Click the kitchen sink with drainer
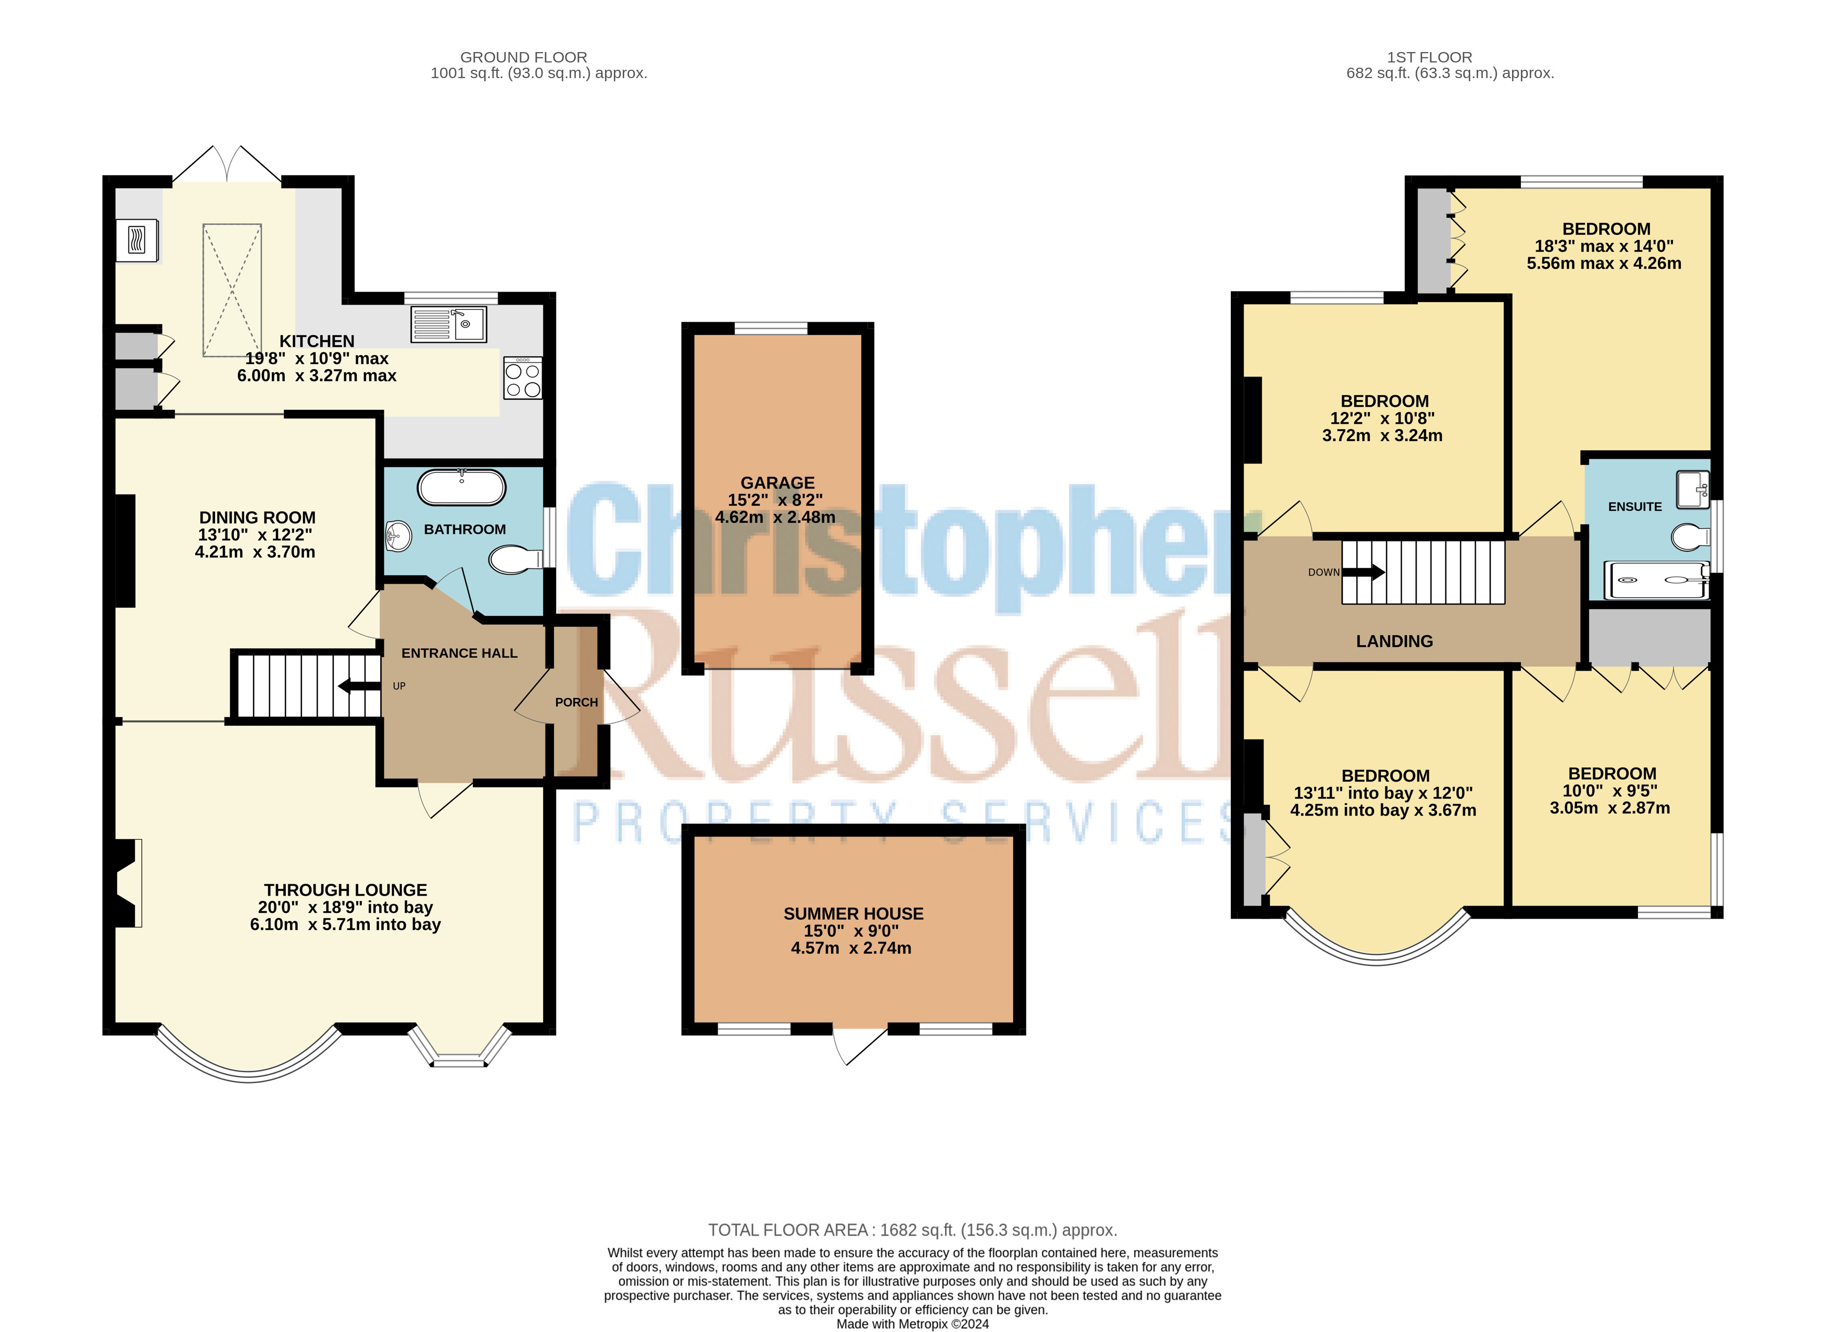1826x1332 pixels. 449,324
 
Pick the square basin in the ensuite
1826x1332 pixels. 1693,490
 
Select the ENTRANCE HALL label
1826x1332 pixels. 460,653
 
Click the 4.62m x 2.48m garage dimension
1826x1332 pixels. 776,518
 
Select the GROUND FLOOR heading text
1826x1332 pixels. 524,57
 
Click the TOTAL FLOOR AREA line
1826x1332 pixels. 913,1230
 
